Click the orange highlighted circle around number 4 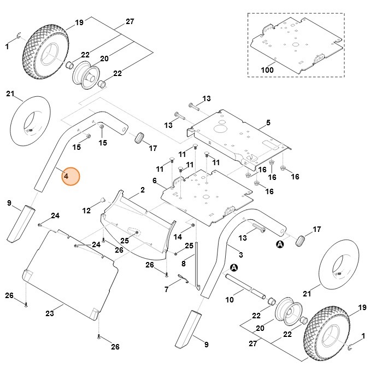[70, 176]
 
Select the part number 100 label [267, 70]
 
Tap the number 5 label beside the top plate [268, 123]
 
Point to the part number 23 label [50, 313]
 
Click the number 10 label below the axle [230, 300]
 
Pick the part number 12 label [86, 210]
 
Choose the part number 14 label [177, 237]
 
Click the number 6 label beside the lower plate [155, 180]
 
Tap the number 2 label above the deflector [142, 190]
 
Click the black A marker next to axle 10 [234, 267]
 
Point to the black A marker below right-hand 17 [280, 244]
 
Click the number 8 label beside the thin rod [184, 264]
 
